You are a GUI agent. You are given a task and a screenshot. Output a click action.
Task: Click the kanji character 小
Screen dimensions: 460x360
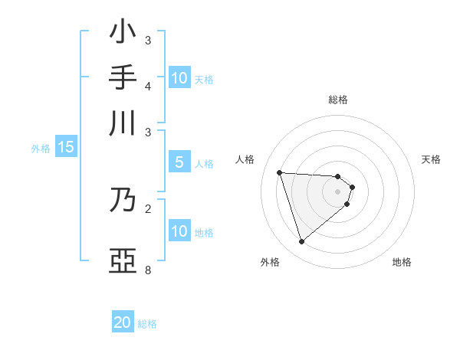[123, 33]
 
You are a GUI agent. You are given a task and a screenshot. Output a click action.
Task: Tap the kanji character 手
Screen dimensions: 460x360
[123, 77]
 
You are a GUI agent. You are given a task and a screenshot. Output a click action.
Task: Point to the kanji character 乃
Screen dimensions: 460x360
[123, 200]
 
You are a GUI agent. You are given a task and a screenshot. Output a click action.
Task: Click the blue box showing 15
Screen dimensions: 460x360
[66, 148]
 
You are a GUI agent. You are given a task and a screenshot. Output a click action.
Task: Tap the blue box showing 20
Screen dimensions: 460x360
[123, 322]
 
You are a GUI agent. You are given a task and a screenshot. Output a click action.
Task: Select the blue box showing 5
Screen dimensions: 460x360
[179, 162]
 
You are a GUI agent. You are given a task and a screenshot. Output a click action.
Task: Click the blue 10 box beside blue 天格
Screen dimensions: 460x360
[179, 78]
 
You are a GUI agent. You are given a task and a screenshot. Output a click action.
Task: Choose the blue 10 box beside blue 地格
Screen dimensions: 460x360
[179, 231]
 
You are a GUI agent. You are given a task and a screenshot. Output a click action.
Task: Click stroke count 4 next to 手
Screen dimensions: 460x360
[148, 86]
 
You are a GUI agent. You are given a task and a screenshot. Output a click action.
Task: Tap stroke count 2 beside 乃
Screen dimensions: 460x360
[148, 208]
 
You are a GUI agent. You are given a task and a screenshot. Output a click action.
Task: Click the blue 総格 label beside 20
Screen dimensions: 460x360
[148, 324]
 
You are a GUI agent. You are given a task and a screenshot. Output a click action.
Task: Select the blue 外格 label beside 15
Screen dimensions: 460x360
[41, 149]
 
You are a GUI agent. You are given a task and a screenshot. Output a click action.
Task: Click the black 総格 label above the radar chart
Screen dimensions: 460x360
[338, 100]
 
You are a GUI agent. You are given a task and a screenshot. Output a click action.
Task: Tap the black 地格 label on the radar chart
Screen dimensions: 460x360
[402, 262]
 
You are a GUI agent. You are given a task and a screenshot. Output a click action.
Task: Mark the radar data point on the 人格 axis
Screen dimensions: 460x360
[280, 172]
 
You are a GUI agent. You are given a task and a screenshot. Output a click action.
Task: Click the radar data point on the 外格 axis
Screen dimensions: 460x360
[301, 242]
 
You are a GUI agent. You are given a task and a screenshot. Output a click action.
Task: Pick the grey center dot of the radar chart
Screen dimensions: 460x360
[338, 191]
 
